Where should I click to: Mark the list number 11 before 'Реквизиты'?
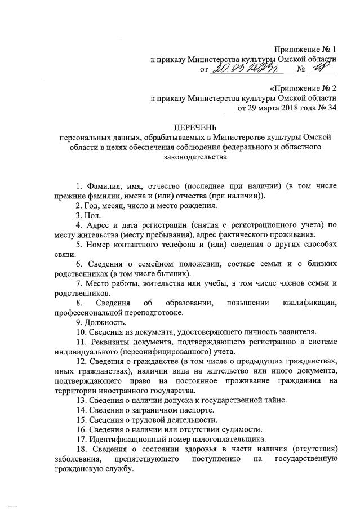[80, 342]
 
